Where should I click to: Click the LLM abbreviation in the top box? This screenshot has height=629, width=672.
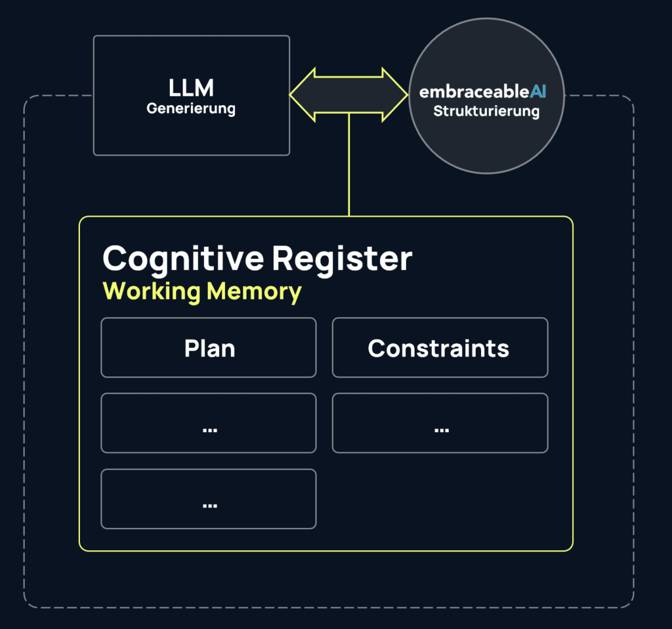pos(191,88)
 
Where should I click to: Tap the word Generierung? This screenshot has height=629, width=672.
pos(191,108)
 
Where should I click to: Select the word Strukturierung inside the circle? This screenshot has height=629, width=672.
pos(486,111)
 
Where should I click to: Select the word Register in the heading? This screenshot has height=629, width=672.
pos(342,259)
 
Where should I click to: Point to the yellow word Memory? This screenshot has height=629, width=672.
pos(254,291)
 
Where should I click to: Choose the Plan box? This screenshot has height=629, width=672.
pos(209,348)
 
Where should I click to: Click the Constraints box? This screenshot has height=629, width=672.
pos(440,348)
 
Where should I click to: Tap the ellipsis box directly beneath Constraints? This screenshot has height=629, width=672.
pos(440,423)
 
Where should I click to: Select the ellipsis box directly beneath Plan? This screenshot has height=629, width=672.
pos(209,423)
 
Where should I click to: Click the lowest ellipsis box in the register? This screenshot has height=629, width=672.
pos(209,498)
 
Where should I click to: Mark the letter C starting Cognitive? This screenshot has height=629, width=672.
pos(116,259)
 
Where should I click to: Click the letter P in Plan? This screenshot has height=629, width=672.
pos(190,348)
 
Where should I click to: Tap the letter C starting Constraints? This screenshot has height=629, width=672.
pos(375,348)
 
